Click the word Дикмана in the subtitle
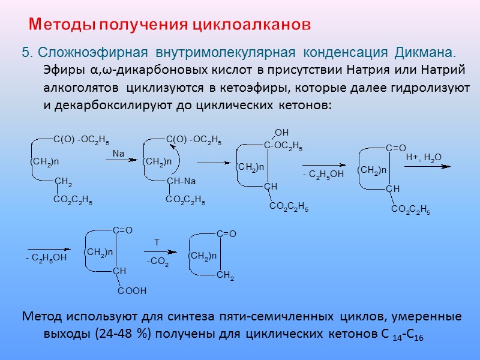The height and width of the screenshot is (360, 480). click(425, 52)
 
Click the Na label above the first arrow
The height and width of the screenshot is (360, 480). click(118, 154)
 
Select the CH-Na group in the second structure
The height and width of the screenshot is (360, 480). click(181, 181)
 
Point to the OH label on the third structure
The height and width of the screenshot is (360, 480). click(281, 132)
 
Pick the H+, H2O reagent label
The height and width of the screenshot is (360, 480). click(424, 157)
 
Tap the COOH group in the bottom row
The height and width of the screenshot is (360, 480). click(131, 291)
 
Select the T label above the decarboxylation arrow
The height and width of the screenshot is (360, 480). click(157, 242)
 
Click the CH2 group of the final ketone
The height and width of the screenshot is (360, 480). click(225, 275)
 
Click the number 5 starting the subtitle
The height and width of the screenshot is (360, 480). click(25, 52)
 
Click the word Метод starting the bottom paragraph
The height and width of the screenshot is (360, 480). click(41, 316)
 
